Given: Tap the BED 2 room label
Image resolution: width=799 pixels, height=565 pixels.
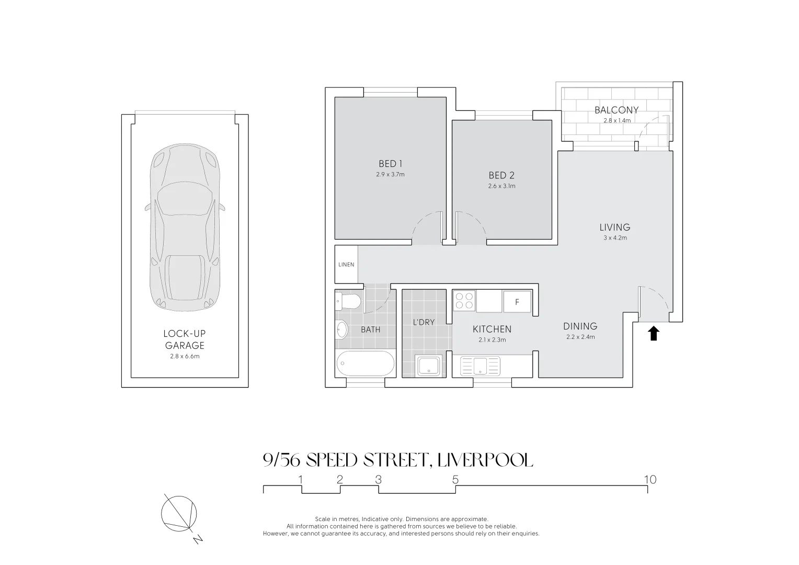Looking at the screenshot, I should [501, 175].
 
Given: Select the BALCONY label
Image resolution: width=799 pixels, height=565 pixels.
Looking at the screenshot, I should [616, 110].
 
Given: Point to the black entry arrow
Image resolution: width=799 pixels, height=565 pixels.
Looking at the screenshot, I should [653, 333].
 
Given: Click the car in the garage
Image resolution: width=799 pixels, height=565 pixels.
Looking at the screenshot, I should [185, 227].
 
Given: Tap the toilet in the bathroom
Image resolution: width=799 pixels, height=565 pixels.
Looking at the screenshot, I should [349, 301].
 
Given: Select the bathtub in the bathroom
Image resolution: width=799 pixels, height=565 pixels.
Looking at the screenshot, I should [366, 364].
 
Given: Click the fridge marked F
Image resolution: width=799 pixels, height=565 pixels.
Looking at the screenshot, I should [517, 302].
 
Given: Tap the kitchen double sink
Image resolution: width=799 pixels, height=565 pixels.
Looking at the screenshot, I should [480, 366].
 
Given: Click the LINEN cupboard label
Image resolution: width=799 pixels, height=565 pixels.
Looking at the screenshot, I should [346, 265].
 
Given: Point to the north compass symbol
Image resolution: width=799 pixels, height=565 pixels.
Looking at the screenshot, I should [180, 513].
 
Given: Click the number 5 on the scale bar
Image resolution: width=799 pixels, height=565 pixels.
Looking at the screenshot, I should [455, 479].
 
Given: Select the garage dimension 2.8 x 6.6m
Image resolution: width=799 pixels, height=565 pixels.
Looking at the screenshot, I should [185, 356].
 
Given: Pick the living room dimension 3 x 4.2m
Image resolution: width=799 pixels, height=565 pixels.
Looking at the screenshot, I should [614, 238].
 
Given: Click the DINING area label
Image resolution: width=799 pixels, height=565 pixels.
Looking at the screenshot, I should [580, 326].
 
